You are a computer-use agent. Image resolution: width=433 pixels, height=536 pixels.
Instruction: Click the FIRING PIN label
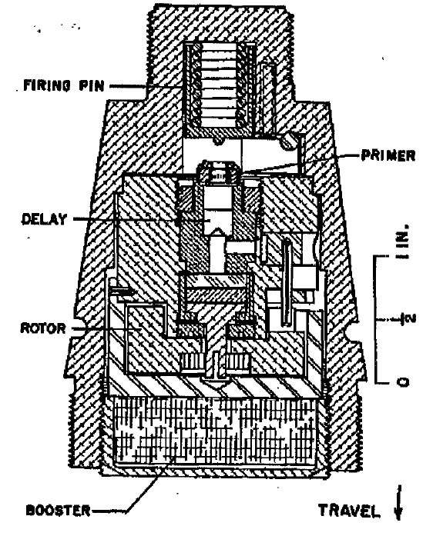(64, 85)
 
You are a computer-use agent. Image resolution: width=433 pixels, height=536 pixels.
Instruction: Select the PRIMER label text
(388, 155)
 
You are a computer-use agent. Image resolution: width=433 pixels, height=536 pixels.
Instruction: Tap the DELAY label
(44, 219)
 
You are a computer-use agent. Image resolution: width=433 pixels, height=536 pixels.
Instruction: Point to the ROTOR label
(43, 328)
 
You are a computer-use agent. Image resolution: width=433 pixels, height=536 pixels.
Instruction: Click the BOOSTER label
(58, 511)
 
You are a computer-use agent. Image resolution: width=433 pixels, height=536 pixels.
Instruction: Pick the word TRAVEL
(350, 511)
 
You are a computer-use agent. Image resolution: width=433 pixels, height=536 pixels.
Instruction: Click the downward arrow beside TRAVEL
(398, 502)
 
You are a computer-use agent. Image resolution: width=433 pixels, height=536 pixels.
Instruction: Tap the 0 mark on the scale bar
(404, 381)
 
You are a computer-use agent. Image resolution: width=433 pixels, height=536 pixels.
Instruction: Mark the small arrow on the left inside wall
(123, 291)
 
